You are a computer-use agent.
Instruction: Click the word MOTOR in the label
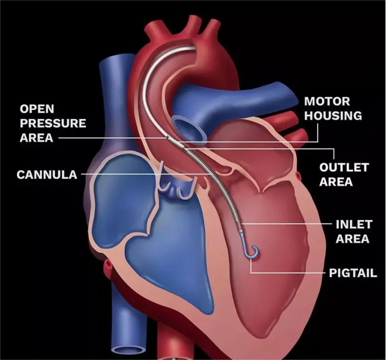(327, 101)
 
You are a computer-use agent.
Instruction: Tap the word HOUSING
(333, 116)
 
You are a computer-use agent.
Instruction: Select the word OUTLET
(344, 167)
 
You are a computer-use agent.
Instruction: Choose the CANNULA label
(47, 175)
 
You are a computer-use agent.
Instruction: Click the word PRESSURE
(53, 123)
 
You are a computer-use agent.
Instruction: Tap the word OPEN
(37, 109)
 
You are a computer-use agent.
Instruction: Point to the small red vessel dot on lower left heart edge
(108, 265)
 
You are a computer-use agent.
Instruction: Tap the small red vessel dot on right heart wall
(299, 176)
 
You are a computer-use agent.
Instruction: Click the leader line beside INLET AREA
(286, 224)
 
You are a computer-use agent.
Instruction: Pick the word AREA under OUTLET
(336, 182)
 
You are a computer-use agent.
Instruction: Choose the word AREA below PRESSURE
(36, 137)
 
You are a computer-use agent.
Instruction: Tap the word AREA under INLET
(353, 239)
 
